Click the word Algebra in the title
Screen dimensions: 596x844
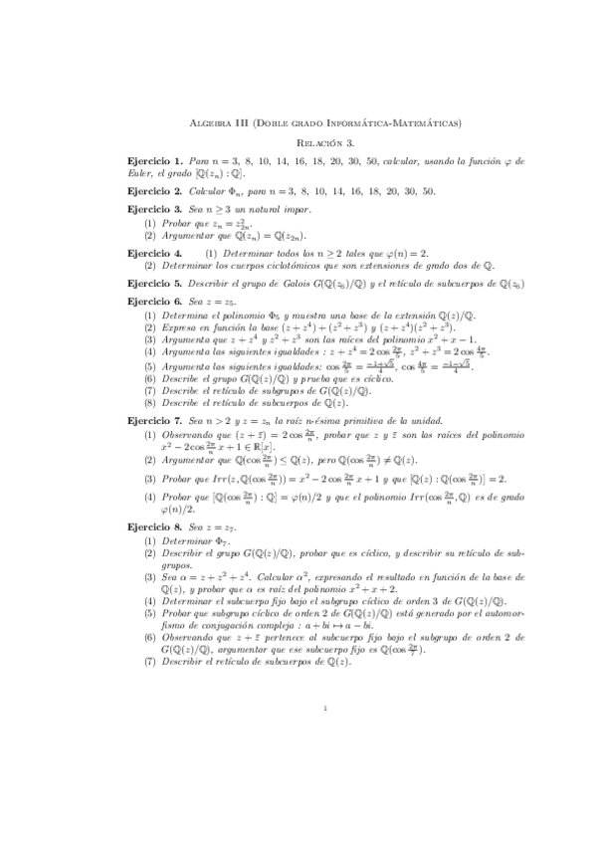pyautogui.click(x=208, y=122)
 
